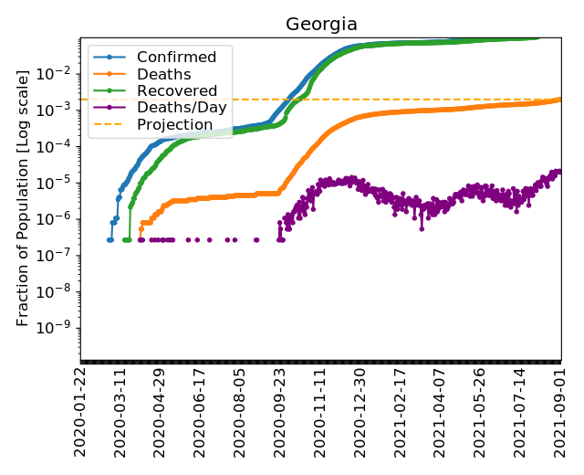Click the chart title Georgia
(321, 24)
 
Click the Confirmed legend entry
(176, 58)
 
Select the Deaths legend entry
(163, 75)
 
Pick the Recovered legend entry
(176, 91)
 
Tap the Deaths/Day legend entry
(182, 108)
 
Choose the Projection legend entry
(174, 124)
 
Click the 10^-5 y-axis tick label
(58, 183)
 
